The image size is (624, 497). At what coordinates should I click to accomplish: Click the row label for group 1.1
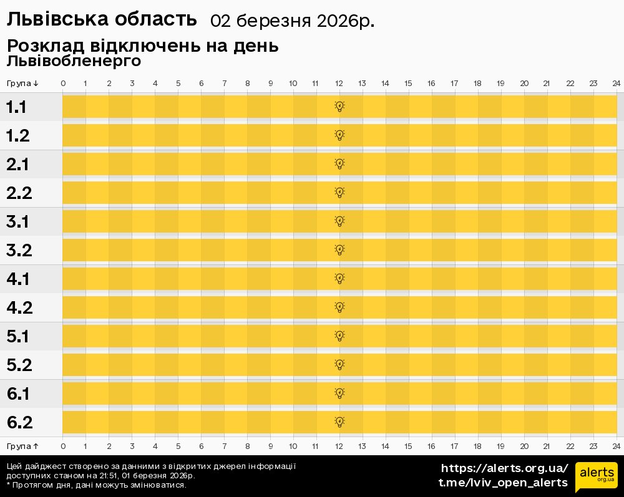16,107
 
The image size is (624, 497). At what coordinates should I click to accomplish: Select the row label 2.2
19,193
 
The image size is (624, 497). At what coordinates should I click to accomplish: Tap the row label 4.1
18,279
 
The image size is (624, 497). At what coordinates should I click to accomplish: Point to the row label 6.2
19,423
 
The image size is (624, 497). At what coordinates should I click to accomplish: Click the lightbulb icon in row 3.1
339,221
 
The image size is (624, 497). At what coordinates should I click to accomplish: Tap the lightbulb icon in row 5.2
339,364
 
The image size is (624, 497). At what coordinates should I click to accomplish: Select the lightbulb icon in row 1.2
339,135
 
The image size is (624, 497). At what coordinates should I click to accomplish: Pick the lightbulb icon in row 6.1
339,393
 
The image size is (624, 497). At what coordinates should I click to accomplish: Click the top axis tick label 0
63,84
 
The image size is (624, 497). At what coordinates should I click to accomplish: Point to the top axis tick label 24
616,84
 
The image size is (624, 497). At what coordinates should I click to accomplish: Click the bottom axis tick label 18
477,446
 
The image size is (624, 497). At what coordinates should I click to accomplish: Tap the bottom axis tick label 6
201,446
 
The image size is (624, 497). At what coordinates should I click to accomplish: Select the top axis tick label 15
408,84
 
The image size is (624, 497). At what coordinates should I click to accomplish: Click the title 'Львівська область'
102,20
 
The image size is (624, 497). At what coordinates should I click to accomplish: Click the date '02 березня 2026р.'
293,21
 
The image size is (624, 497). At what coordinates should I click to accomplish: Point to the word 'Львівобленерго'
74,61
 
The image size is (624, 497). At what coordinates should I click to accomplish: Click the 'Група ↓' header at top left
22,84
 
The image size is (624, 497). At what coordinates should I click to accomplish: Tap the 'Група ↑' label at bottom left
22,446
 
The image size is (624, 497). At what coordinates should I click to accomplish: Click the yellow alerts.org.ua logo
596,477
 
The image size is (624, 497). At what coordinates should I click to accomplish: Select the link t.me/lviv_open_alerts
503,483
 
